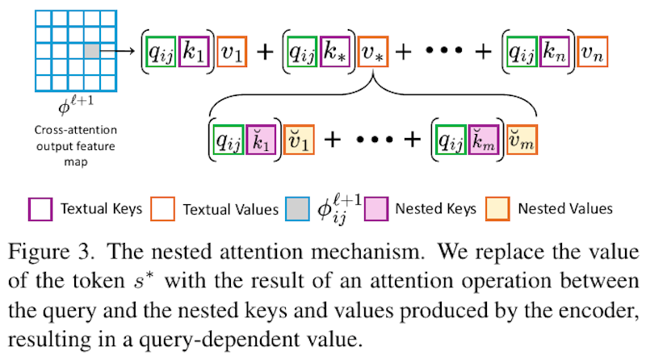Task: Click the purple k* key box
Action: click(x=334, y=52)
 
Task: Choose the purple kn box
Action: click(x=556, y=52)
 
